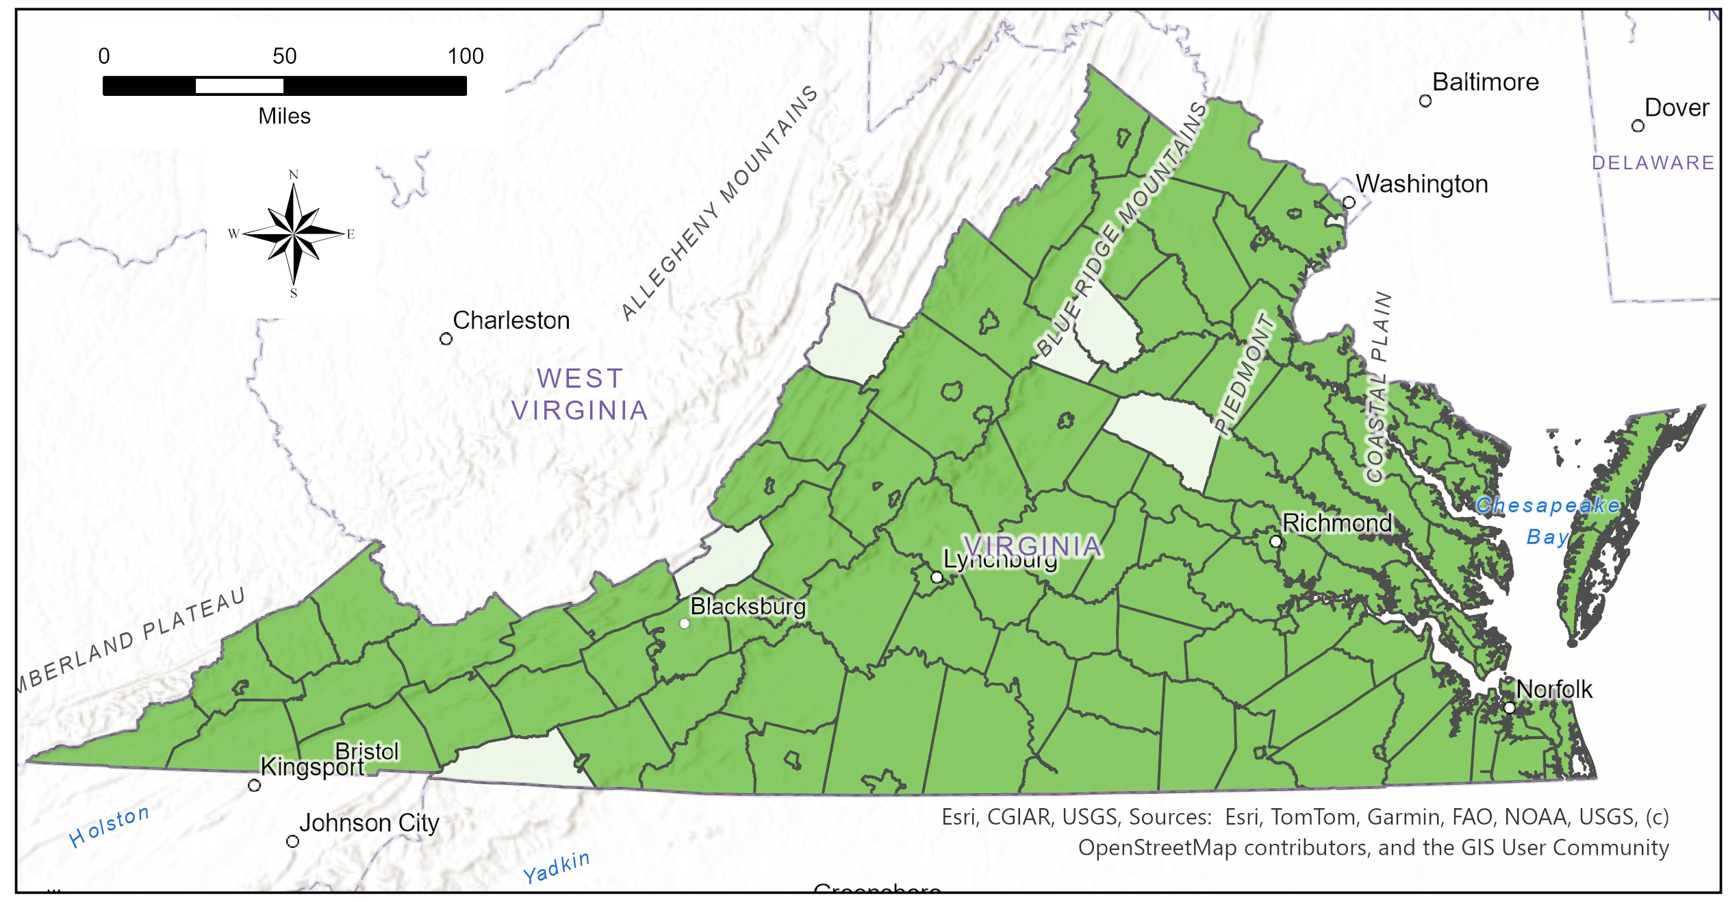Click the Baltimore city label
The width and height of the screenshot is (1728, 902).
click(1485, 82)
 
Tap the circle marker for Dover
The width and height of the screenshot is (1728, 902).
click(1638, 126)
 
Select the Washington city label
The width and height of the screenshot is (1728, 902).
click(1422, 184)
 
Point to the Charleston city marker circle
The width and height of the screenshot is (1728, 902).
click(446, 339)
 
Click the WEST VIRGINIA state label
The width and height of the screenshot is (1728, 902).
click(580, 394)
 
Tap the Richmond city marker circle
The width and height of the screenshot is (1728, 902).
click(1275, 541)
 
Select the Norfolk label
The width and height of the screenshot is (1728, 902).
click(1554, 689)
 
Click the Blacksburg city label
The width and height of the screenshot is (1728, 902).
click(748, 607)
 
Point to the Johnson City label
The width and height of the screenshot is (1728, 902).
click(369, 823)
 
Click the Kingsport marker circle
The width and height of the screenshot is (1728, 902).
click(254, 786)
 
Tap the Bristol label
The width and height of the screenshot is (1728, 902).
click(366, 751)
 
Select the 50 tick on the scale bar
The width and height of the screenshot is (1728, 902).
click(284, 57)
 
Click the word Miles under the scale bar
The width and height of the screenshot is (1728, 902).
click(284, 116)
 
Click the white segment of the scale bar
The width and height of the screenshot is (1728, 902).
click(240, 86)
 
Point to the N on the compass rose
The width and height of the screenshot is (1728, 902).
click(294, 175)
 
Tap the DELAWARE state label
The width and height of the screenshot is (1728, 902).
click(1653, 163)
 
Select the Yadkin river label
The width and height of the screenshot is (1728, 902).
click(556, 867)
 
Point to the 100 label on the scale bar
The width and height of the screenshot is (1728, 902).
click(466, 57)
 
